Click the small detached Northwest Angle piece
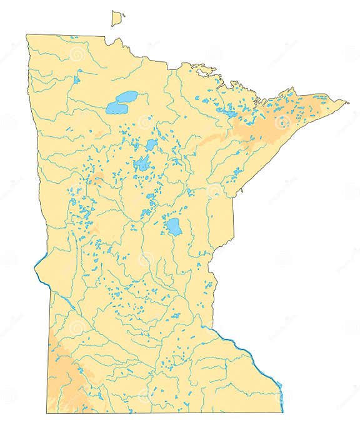[x=116, y=19]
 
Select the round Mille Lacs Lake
[x=174, y=227]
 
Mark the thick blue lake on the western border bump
[x=39, y=263]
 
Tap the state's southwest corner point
[x=46, y=412]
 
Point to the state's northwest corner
[x=26, y=35]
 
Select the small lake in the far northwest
[x=76, y=80]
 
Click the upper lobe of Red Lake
[x=127, y=97]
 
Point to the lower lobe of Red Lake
[x=115, y=109]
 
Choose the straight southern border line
[x=162, y=412]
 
